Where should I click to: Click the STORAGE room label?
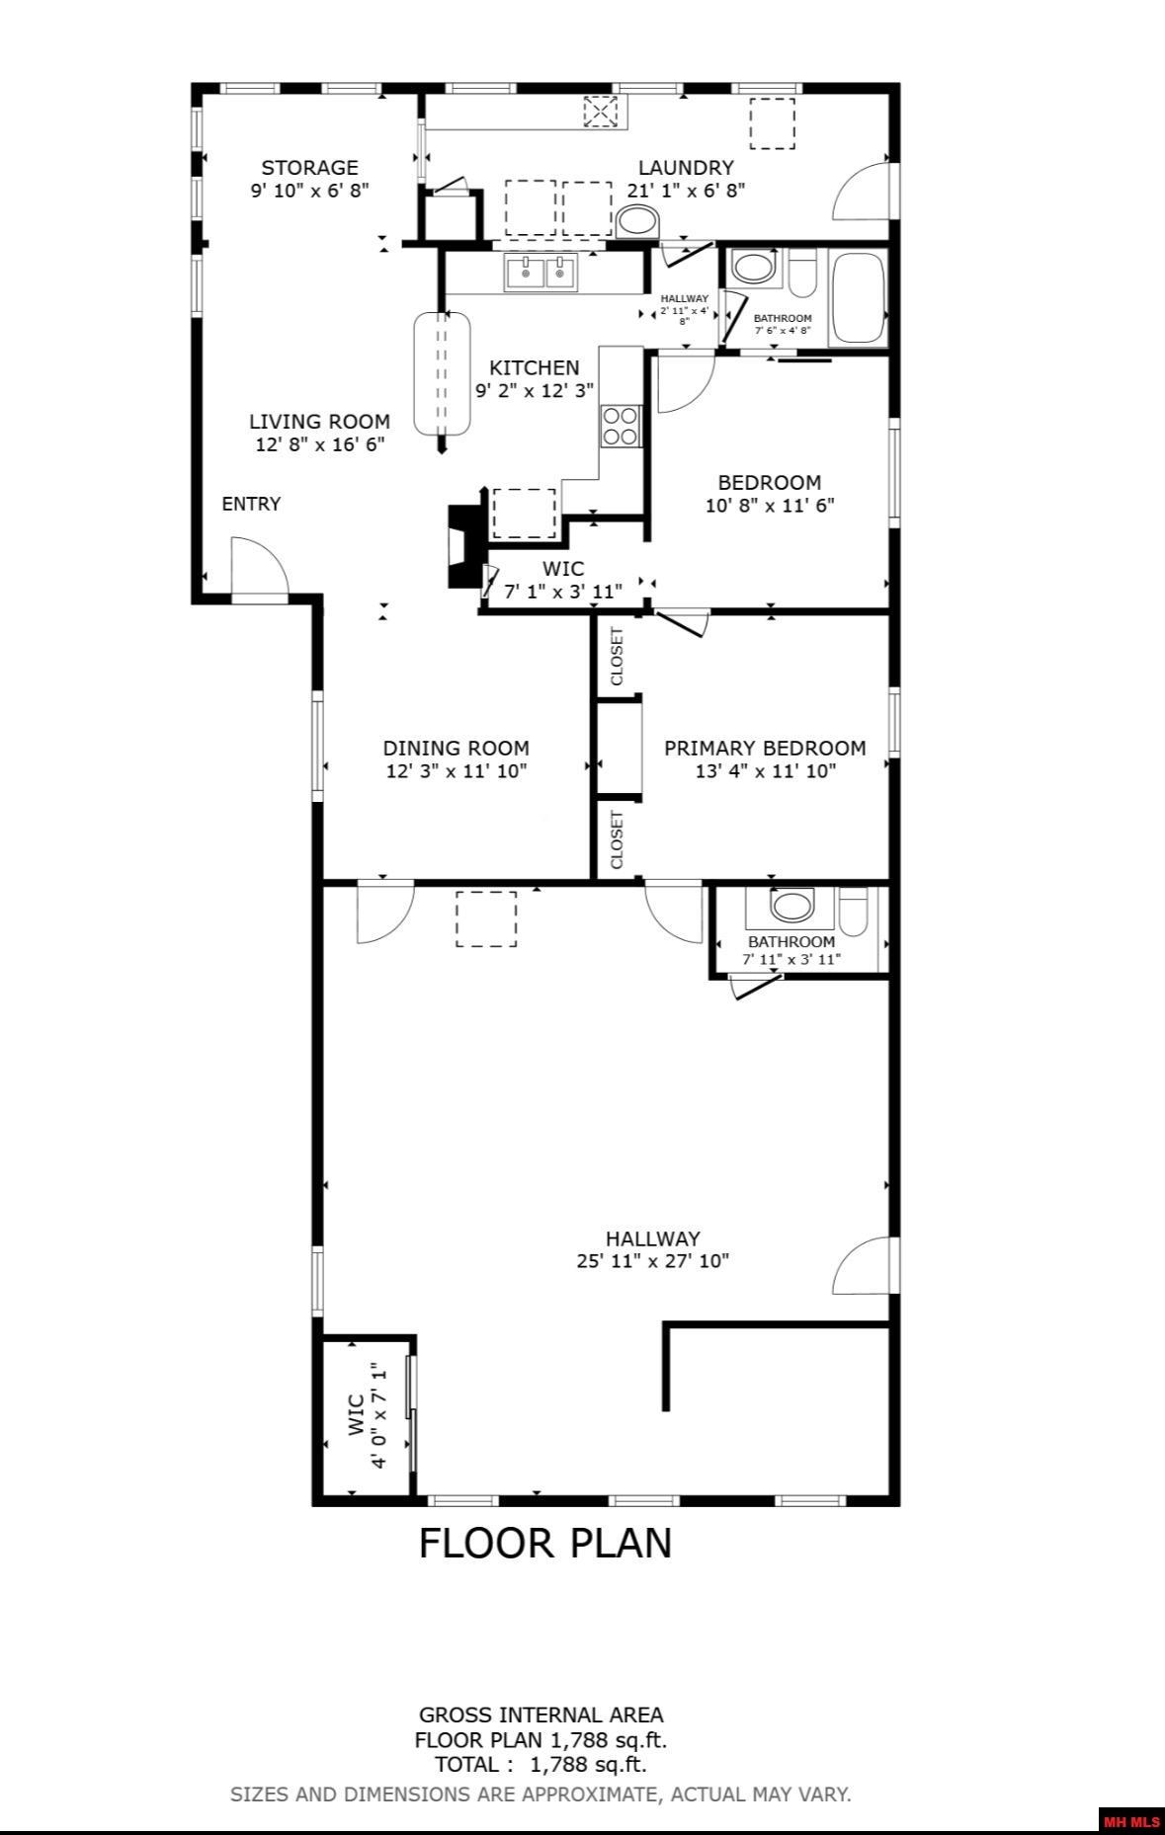click(309, 168)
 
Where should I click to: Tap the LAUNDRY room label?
click(686, 168)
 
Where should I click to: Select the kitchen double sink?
click(541, 273)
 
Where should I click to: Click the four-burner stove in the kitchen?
click(621, 426)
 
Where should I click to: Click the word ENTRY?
click(251, 504)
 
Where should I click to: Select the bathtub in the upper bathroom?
click(858, 297)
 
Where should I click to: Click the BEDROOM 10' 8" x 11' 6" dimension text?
click(770, 506)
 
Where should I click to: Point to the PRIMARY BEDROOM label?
click(765, 748)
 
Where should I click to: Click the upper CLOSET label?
click(617, 657)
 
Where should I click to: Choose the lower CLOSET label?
click(617, 839)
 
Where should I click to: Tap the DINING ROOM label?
click(456, 748)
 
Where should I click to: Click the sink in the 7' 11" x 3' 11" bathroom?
click(791, 905)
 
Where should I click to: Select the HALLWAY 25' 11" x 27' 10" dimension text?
click(652, 1260)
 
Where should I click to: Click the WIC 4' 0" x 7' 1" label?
click(367, 1415)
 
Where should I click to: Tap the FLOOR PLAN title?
click(545, 1543)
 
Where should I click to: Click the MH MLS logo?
click(1131, 1821)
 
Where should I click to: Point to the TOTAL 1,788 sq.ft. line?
click(541, 1764)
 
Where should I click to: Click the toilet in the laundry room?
click(636, 221)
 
